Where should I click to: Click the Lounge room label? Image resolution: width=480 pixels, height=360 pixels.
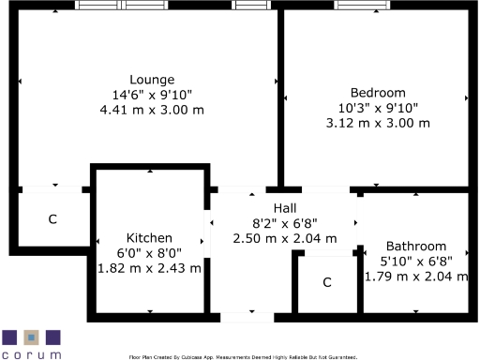click(151, 80)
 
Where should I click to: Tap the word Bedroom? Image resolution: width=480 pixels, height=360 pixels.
click(378, 93)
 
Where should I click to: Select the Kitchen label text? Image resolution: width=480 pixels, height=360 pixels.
click(150, 238)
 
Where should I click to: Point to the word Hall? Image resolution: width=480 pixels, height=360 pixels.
click(286, 208)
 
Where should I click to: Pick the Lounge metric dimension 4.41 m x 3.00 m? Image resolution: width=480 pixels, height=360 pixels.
click(151, 110)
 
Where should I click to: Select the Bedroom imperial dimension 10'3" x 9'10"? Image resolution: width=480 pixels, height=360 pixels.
click(378, 108)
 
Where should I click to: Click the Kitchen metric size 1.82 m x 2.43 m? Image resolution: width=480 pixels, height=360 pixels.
click(150, 268)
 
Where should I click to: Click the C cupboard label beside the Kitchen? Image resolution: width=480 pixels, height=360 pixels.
click(52, 219)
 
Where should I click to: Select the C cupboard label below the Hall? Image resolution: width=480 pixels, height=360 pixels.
click(327, 282)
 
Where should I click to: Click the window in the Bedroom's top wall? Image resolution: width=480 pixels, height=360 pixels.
click(364, 6)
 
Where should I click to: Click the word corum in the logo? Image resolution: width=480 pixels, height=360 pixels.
click(32, 354)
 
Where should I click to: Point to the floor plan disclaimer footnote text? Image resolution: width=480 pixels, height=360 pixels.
click(243, 356)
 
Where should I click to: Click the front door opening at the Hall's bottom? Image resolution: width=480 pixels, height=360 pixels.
click(249, 317)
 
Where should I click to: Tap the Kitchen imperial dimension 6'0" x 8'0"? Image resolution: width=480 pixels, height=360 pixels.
click(150, 253)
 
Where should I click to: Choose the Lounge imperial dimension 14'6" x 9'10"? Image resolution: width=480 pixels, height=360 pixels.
click(151, 95)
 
